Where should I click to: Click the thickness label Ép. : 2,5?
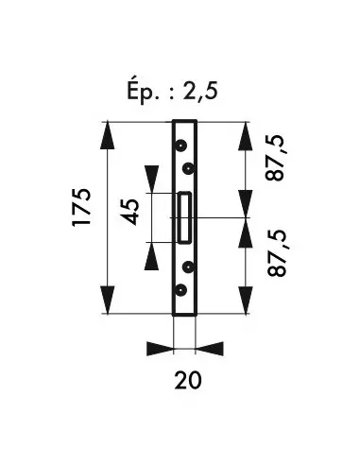172,92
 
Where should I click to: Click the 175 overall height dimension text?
82,207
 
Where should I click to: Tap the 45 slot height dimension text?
129,212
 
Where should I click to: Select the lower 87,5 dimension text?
278,253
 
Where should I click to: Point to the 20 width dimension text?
188,380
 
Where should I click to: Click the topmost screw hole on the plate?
180,146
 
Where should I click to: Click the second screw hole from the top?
188,169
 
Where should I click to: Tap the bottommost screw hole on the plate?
180,290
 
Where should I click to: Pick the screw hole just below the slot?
188,267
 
